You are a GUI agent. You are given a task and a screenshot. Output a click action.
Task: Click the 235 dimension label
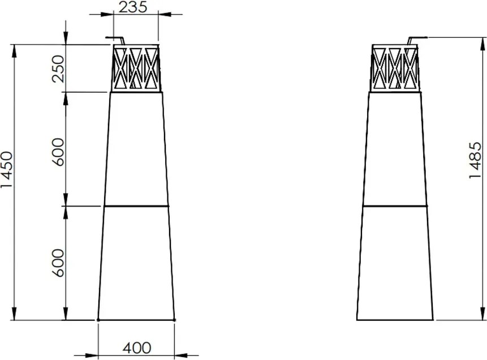[x=132, y=7]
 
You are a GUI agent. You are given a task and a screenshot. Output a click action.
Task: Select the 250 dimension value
[x=58, y=68]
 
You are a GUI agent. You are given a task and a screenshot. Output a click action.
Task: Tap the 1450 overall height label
[x=7, y=169]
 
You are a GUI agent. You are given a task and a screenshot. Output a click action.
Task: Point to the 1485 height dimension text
[x=475, y=160]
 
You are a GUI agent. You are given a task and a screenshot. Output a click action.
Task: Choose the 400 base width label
[x=137, y=348]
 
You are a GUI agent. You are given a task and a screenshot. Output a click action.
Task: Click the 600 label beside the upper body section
[x=58, y=152]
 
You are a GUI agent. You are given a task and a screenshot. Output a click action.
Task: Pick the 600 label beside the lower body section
[x=58, y=263]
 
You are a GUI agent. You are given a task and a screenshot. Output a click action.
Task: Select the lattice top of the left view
[x=136, y=68]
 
